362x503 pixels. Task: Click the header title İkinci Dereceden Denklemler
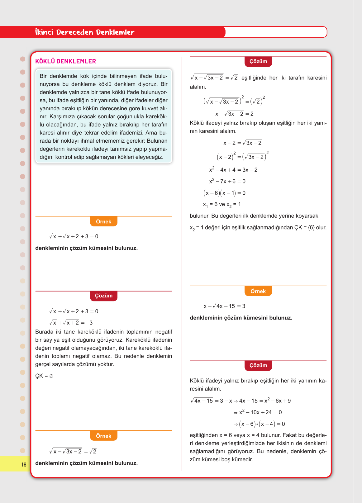click(85, 32)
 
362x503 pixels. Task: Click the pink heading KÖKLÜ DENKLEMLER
click(65, 61)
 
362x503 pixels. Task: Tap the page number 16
click(24, 464)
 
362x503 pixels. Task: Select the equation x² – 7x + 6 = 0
click(227, 181)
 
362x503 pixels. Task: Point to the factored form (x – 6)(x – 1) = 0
click(224, 193)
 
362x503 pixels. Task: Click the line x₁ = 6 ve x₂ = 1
click(222, 204)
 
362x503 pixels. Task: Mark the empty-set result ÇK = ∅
click(44, 376)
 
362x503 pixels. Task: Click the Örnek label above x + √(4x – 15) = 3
click(258, 291)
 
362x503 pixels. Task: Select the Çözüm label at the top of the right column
click(258, 61)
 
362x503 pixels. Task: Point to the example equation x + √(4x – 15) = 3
click(224, 306)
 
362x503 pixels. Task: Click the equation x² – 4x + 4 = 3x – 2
click(233, 170)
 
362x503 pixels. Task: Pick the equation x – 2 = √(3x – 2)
click(242, 143)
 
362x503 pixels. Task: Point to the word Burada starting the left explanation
click(44, 332)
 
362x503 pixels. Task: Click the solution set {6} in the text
click(311, 227)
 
